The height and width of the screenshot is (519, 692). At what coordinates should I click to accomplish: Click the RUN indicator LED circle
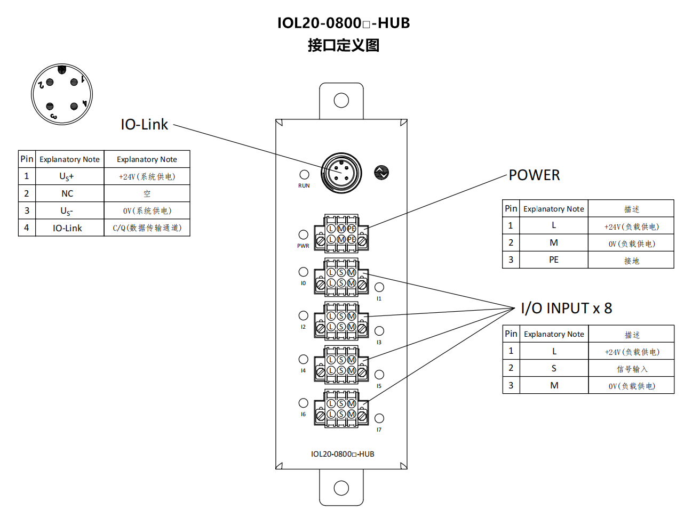click(304, 175)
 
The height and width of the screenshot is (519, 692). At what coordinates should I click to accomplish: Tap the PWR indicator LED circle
click(303, 234)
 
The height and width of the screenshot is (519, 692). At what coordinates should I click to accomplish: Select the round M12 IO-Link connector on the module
click(341, 173)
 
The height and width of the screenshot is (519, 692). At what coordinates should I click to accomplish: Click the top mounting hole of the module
click(341, 100)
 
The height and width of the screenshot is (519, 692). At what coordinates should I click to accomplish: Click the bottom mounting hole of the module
click(341, 488)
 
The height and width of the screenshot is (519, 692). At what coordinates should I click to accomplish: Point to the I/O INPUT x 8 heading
click(566, 309)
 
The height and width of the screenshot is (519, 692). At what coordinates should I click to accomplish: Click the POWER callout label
click(534, 175)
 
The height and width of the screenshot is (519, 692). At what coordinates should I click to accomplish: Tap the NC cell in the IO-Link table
click(67, 193)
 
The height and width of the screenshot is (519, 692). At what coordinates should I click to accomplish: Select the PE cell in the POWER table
click(554, 259)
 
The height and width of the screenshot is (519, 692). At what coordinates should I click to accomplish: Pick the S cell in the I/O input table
click(554, 368)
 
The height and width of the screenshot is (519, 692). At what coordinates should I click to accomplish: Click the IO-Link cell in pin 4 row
click(67, 228)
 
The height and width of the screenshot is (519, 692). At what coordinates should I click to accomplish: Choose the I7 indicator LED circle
click(379, 418)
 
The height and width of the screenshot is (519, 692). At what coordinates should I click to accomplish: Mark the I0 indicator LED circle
click(303, 272)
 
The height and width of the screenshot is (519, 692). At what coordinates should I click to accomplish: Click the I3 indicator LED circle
click(379, 331)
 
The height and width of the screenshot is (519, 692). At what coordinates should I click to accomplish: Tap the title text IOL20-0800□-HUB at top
click(343, 23)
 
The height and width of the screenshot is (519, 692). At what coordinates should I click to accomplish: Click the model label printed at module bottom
click(343, 454)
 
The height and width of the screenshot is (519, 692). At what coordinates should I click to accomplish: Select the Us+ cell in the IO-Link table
click(67, 176)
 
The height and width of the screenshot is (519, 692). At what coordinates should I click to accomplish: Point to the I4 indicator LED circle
click(303, 359)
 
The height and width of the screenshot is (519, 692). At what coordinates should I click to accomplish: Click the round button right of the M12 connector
click(381, 173)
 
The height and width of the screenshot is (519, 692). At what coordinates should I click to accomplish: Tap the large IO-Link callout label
click(144, 125)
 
